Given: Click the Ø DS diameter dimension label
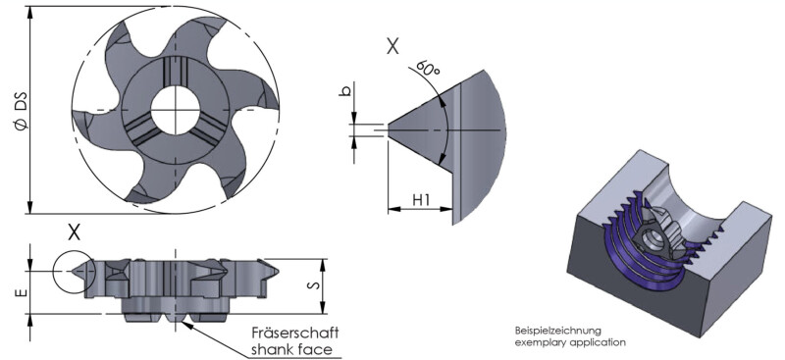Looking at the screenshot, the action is pos(22,111).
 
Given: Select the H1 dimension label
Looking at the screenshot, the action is pos(422,200).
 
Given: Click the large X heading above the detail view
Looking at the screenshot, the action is pos(392,46).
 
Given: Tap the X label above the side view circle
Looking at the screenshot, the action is pos(74,232).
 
